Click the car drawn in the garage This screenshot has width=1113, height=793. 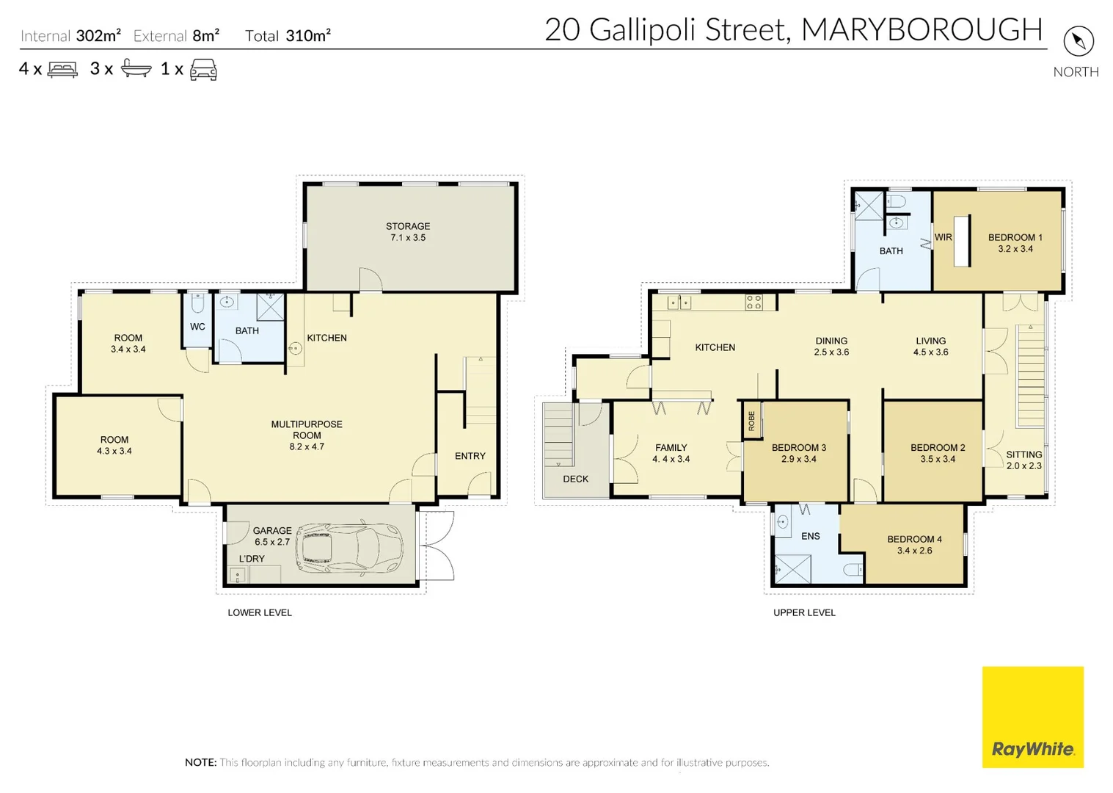pos(350,548)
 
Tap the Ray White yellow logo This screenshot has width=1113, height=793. pos(1032,717)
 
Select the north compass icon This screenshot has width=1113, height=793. pos(1078,41)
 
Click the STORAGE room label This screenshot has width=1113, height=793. pos(408,226)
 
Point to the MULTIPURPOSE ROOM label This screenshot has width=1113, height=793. pos(307,430)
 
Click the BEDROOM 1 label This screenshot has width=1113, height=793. pos(1015,237)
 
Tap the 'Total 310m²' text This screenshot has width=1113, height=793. pos(288,36)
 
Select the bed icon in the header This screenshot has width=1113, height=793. pos(62,70)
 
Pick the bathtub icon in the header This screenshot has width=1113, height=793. pos(136,69)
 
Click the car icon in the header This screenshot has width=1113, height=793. pos(203,70)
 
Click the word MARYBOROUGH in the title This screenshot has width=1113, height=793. pos(922,30)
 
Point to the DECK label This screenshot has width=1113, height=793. pos(575,479)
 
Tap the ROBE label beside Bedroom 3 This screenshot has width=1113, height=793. pos(751,421)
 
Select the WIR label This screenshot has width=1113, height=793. pos(943,237)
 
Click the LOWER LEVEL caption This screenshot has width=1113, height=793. pos(260,612)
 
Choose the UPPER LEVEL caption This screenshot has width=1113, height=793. pos(804,612)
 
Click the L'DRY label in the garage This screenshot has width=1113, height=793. pos(252,559)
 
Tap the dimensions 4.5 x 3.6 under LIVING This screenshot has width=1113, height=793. pos(930,352)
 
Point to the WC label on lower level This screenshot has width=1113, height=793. pos(197,327)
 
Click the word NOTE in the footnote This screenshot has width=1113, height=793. pos(200,762)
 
